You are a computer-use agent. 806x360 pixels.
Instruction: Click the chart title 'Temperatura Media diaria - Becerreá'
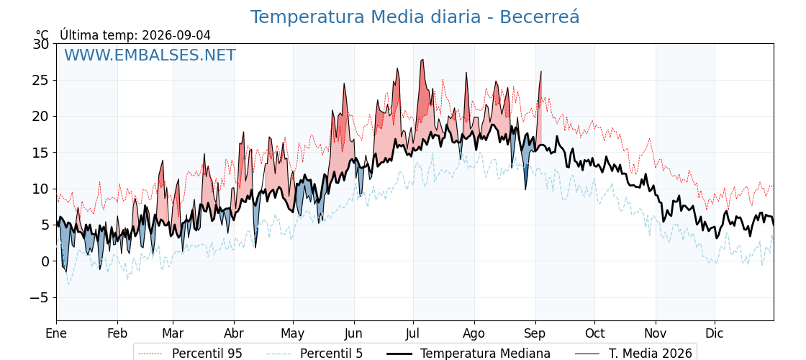coord(415,17)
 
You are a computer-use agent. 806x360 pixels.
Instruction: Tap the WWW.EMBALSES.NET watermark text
coord(150,55)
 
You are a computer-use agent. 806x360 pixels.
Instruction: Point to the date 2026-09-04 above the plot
coord(176,35)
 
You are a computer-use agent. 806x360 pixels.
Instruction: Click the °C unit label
coord(42,35)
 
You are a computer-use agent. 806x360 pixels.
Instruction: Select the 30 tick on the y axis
coord(41,44)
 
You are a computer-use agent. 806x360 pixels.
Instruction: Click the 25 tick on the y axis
coord(41,80)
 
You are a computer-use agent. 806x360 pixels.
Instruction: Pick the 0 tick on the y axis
coord(45,261)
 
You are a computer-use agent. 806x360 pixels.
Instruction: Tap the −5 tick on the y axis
coord(38,298)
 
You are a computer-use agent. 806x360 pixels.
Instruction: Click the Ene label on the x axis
coord(57,333)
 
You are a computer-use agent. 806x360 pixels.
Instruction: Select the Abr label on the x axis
coord(234,333)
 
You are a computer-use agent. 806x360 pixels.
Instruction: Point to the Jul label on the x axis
coord(413,333)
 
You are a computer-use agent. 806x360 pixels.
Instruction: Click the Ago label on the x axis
coord(474,333)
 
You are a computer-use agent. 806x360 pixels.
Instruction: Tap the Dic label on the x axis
coord(715,333)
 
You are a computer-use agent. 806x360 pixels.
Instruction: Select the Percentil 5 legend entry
coord(315,354)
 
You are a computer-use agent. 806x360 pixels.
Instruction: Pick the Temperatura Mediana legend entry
coord(468,354)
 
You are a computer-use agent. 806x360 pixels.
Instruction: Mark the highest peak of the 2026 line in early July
coord(422,60)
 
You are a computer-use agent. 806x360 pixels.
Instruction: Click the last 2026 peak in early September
coord(541,71)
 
